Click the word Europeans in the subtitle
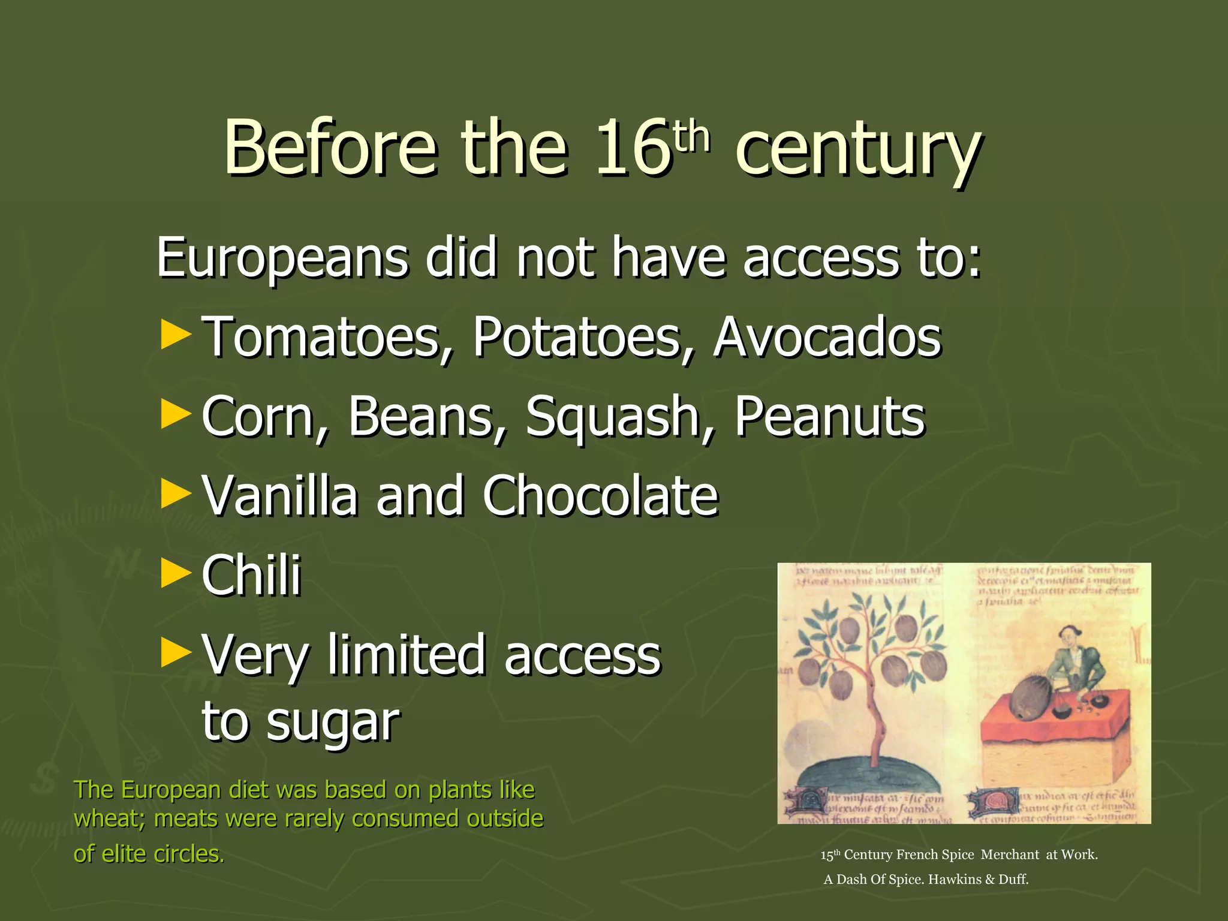click(x=282, y=258)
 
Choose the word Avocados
click(x=827, y=338)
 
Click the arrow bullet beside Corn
click(x=176, y=415)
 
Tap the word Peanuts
click(x=830, y=417)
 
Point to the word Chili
click(x=251, y=575)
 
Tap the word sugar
click(x=333, y=723)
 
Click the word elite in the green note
click(x=125, y=854)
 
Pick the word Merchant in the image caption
click(x=1010, y=855)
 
